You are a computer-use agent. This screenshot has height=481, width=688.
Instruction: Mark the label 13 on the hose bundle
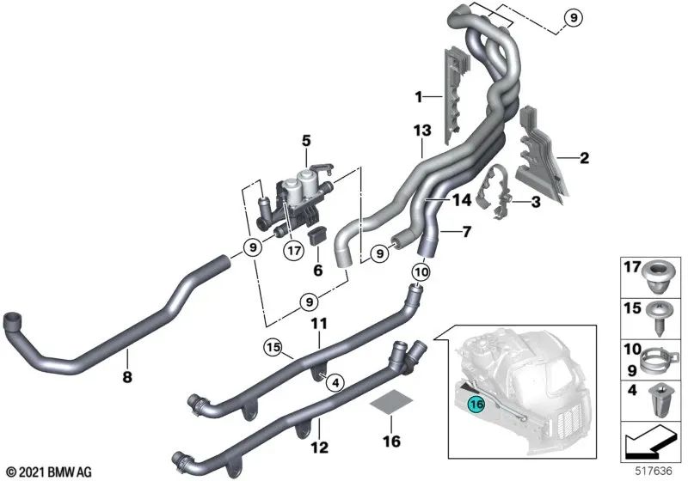[x=421, y=132]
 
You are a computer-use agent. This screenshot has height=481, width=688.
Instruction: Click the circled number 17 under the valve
[x=295, y=251]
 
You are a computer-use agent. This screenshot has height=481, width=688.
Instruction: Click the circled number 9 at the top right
[x=573, y=17]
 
